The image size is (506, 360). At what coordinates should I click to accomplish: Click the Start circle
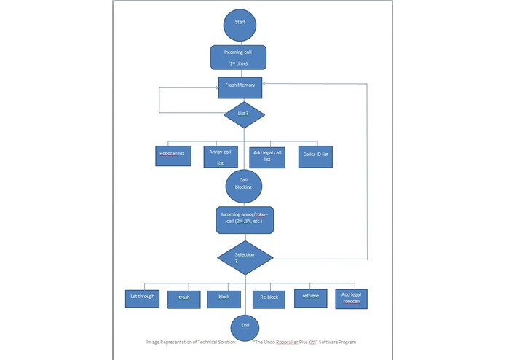[x=240, y=26]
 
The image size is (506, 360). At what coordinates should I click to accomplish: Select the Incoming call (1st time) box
[x=239, y=58]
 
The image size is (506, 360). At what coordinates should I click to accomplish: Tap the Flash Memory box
[x=240, y=87]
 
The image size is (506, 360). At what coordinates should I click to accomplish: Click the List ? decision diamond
[x=245, y=114]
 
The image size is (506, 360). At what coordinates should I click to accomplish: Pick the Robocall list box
[x=173, y=156]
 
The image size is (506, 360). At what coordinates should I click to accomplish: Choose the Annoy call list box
[x=221, y=157]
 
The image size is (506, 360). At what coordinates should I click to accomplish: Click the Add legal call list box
[x=267, y=157]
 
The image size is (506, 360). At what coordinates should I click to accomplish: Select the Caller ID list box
[x=315, y=157]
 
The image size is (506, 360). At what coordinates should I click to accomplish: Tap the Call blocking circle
[x=244, y=187]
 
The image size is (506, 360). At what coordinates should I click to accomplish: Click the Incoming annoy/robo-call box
[x=245, y=220]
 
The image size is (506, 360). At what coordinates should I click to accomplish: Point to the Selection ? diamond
[x=245, y=258]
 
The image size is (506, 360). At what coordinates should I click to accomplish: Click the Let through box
[x=142, y=299]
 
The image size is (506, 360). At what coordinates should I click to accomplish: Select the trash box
[x=184, y=300]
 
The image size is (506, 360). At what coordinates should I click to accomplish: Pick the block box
[x=224, y=300]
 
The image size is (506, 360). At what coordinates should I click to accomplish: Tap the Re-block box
[x=269, y=300]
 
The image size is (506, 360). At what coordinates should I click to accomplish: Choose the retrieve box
[x=310, y=298]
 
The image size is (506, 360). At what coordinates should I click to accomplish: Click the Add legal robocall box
[x=352, y=299]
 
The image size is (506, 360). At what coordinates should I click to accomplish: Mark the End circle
[x=245, y=328]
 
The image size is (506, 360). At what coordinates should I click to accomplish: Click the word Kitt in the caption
[x=312, y=342]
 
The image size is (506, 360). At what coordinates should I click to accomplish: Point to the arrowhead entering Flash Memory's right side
[x=264, y=84]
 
